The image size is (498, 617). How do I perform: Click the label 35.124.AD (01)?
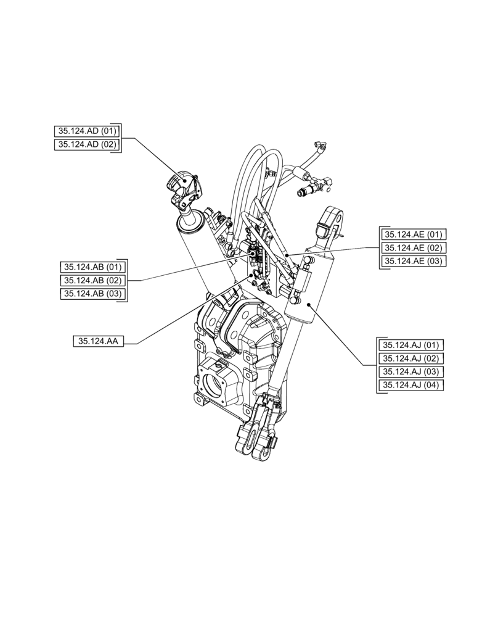click(x=86, y=131)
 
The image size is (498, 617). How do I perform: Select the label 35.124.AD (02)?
click(x=86, y=144)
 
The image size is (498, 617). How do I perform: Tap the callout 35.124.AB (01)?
click(x=93, y=267)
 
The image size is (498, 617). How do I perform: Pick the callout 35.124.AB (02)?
click(x=93, y=281)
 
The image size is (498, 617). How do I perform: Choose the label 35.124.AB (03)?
click(x=93, y=294)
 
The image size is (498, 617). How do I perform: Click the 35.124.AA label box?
click(x=99, y=341)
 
